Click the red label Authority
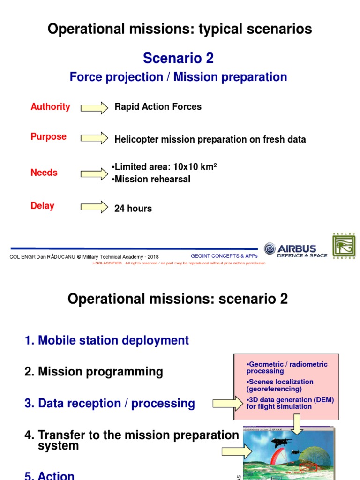50,107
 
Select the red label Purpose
48,137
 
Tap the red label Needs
44,172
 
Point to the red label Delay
42,206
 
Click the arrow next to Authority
94,108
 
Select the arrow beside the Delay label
94,207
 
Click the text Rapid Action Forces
158,107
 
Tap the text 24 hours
133,209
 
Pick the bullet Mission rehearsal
151,179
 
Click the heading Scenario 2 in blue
178,58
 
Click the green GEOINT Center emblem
344,246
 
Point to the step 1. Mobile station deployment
107,340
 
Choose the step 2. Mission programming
94,372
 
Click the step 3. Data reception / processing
110,404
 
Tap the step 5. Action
49,475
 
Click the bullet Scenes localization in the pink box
280,385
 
